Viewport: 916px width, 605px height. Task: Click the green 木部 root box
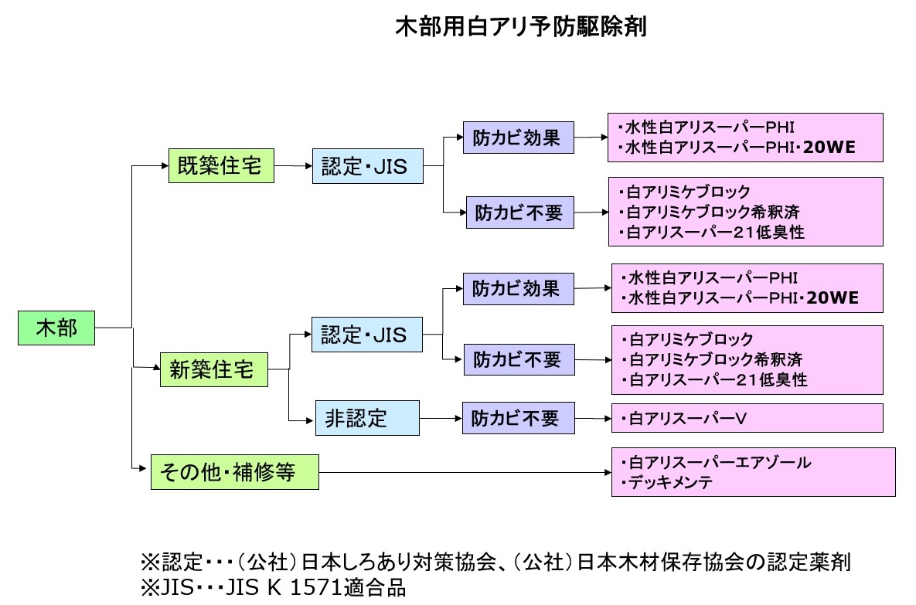[x=56, y=328]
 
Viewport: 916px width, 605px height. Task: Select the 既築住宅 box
[x=221, y=166]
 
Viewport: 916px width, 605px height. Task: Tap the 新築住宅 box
[x=212, y=370]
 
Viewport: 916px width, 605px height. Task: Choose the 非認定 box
[x=366, y=418]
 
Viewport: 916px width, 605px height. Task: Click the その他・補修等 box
[x=234, y=471]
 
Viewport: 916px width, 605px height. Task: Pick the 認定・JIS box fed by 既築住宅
[x=367, y=166]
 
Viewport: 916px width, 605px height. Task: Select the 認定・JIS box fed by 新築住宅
[x=367, y=335]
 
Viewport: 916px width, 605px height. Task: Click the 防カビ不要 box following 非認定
[x=519, y=418]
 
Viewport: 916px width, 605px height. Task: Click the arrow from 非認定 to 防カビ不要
[x=441, y=419]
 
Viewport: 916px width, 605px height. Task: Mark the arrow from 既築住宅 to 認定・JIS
[x=293, y=165]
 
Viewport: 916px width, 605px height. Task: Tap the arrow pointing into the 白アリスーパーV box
[x=594, y=419]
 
